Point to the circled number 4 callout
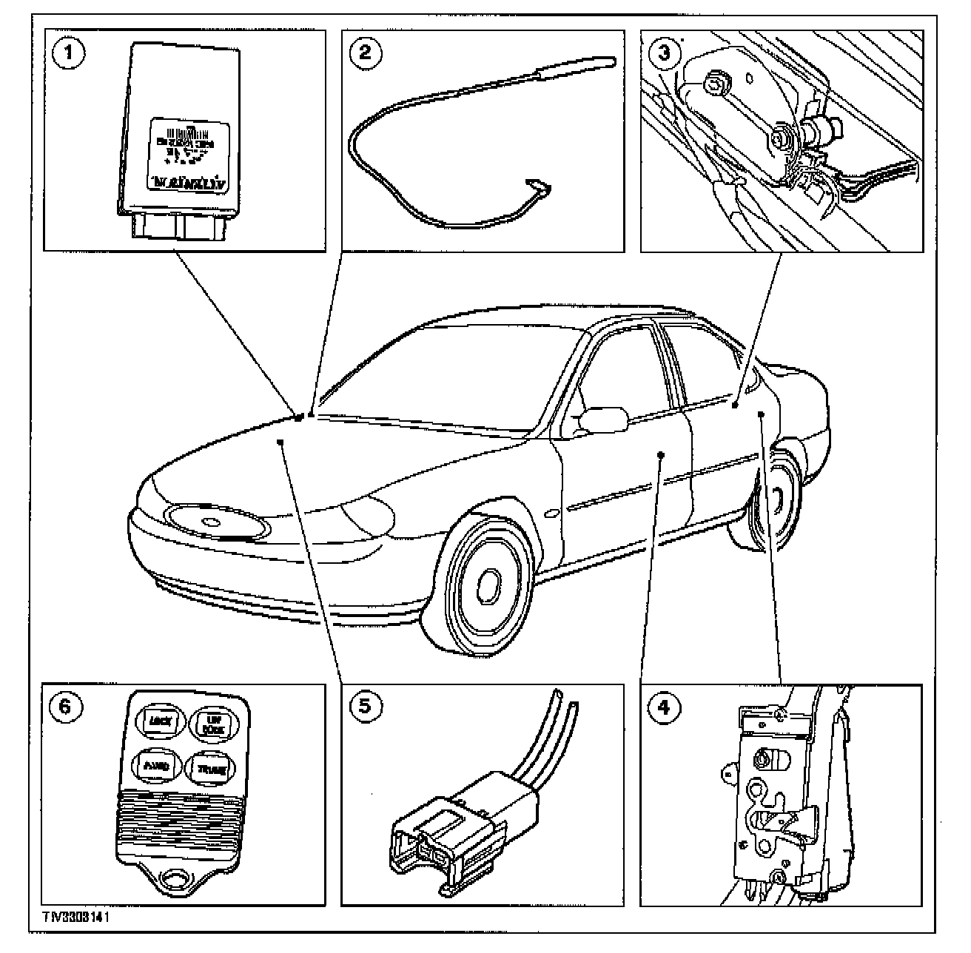tap(664, 707)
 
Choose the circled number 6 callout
tap(65, 707)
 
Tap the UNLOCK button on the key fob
tap(211, 723)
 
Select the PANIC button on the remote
tap(154, 767)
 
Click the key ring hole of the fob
tap(175, 880)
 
